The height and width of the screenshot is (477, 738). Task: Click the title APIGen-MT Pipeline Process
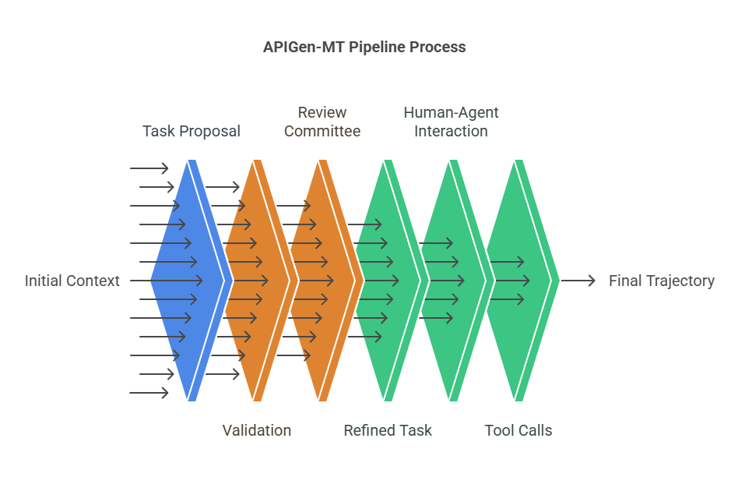click(x=364, y=47)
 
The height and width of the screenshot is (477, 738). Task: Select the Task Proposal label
click(x=191, y=131)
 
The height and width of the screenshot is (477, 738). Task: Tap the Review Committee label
click(x=322, y=122)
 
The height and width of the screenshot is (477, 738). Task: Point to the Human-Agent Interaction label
click(x=451, y=122)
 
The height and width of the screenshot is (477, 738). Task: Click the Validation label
click(x=256, y=430)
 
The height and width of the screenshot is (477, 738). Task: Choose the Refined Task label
click(x=387, y=430)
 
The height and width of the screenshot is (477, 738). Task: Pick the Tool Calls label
click(x=518, y=430)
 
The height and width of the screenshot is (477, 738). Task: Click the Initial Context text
click(x=72, y=281)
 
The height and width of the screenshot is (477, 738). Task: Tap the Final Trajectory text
click(x=661, y=281)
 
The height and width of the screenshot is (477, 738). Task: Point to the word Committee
click(x=322, y=131)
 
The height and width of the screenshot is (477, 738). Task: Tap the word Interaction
click(x=451, y=131)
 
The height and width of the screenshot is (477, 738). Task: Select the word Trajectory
click(x=680, y=281)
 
